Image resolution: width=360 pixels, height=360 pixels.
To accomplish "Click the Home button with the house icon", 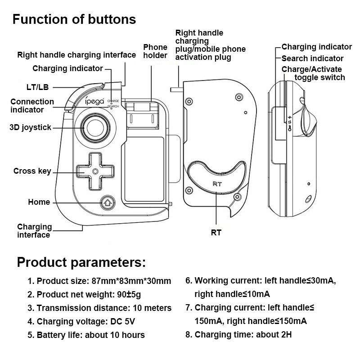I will [107, 202].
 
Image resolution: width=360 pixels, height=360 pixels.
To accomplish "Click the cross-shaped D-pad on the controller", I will [95, 171].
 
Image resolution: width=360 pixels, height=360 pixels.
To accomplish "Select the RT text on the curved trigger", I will [216, 183].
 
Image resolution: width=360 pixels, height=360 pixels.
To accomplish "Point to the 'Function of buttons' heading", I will [74, 19].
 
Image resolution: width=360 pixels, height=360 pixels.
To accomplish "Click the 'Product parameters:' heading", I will [81, 262].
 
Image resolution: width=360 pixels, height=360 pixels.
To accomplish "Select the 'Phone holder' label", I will [155, 51].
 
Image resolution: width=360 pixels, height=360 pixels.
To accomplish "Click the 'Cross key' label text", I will [32, 171].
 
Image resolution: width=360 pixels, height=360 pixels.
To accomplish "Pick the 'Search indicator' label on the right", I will [312, 58].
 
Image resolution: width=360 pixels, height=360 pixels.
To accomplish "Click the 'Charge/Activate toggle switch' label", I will [312, 73].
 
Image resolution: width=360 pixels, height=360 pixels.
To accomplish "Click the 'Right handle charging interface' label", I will [76, 55].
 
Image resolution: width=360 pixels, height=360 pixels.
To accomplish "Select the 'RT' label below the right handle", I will [216, 233].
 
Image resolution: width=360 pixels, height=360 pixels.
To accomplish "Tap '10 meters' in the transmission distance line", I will [151, 308].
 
